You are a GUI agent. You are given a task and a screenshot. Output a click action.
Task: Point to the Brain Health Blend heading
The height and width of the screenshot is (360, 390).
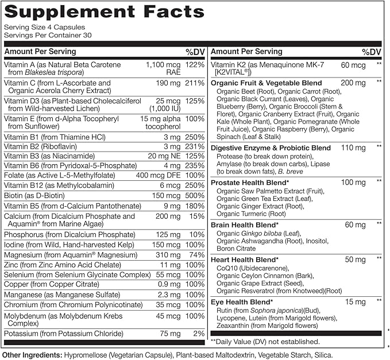point(245,224)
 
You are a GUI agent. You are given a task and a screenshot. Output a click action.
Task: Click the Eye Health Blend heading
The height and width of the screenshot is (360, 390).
point(241,301)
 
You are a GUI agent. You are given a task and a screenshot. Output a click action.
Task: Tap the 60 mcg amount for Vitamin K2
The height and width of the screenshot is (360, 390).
point(352,65)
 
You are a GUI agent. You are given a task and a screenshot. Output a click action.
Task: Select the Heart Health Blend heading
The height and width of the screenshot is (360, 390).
point(245,259)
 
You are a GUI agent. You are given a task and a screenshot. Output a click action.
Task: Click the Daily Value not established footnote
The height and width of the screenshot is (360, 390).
point(258,341)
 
